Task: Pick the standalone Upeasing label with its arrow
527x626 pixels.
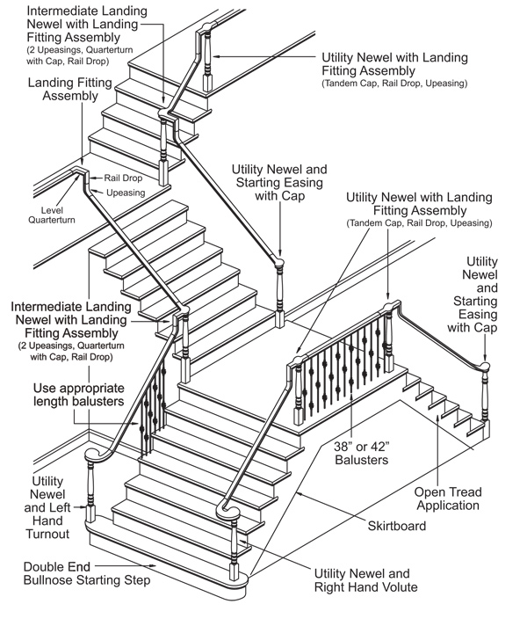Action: pos(119,192)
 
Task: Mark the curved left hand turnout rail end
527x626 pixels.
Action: pos(93,456)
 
